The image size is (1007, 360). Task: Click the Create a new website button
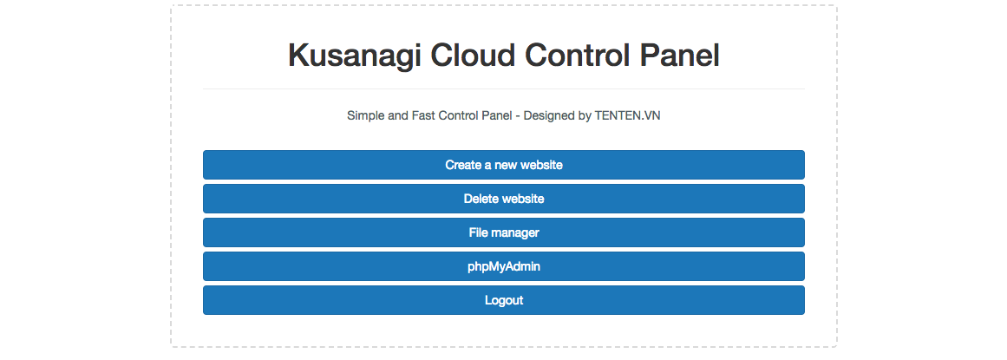[503, 165]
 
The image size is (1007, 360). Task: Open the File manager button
[503, 232]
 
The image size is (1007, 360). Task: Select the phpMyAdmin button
[503, 266]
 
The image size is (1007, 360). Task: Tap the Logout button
[503, 300]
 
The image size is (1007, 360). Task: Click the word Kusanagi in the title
[355, 56]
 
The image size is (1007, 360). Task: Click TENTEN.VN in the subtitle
[627, 115]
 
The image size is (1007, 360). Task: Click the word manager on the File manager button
[515, 233]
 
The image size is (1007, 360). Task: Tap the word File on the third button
[479, 232]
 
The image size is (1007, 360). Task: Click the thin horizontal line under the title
[503, 88]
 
